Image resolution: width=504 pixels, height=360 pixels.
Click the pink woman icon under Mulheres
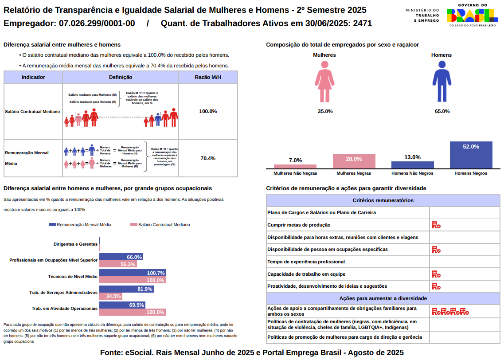[x=324, y=82]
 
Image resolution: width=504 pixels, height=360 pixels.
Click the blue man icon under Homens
[x=441, y=82]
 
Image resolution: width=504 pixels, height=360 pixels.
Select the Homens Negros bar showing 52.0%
[x=471, y=155]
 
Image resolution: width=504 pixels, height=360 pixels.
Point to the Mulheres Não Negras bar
[x=295, y=167]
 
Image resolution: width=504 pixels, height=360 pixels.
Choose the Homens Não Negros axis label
[x=412, y=173]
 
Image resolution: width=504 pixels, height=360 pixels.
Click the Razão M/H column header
[x=208, y=77]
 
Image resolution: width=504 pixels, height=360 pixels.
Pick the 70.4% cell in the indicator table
[x=208, y=158]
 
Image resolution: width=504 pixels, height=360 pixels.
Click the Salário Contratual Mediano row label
[x=32, y=112]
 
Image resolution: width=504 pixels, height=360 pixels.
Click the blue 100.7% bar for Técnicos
[x=132, y=273]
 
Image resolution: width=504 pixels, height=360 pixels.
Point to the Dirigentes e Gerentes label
[x=75, y=244]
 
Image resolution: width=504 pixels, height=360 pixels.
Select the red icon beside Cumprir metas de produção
[x=436, y=225]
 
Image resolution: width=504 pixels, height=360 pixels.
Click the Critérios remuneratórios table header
[x=383, y=200]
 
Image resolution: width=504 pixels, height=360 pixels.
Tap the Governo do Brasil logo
[x=472, y=16]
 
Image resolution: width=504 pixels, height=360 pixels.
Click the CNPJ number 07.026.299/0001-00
[x=97, y=23]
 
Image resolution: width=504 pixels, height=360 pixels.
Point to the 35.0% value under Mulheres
[x=325, y=111]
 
